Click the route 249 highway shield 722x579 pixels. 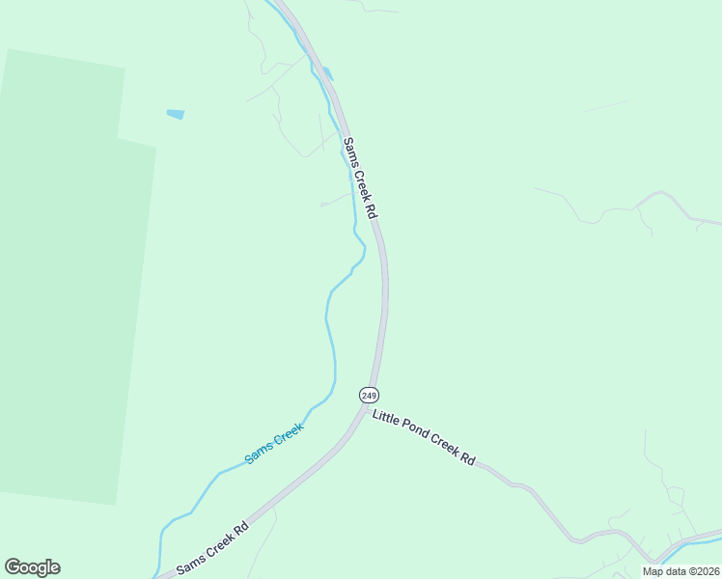click(369, 395)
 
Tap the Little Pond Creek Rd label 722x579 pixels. click(424, 436)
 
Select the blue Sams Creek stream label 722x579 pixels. click(274, 443)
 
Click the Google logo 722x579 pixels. click(32, 567)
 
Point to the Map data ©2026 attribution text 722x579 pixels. click(680, 571)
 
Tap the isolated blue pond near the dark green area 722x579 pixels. click(176, 114)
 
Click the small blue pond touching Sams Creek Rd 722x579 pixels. click(328, 73)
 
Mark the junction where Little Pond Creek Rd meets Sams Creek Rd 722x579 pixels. click(368, 411)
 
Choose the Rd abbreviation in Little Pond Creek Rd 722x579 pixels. click(467, 459)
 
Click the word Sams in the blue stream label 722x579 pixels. click(258, 453)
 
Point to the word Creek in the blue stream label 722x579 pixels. click(288, 435)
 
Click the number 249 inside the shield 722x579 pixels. click(369, 395)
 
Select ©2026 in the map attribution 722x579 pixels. click(702, 571)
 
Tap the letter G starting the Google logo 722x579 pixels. click(14, 567)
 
